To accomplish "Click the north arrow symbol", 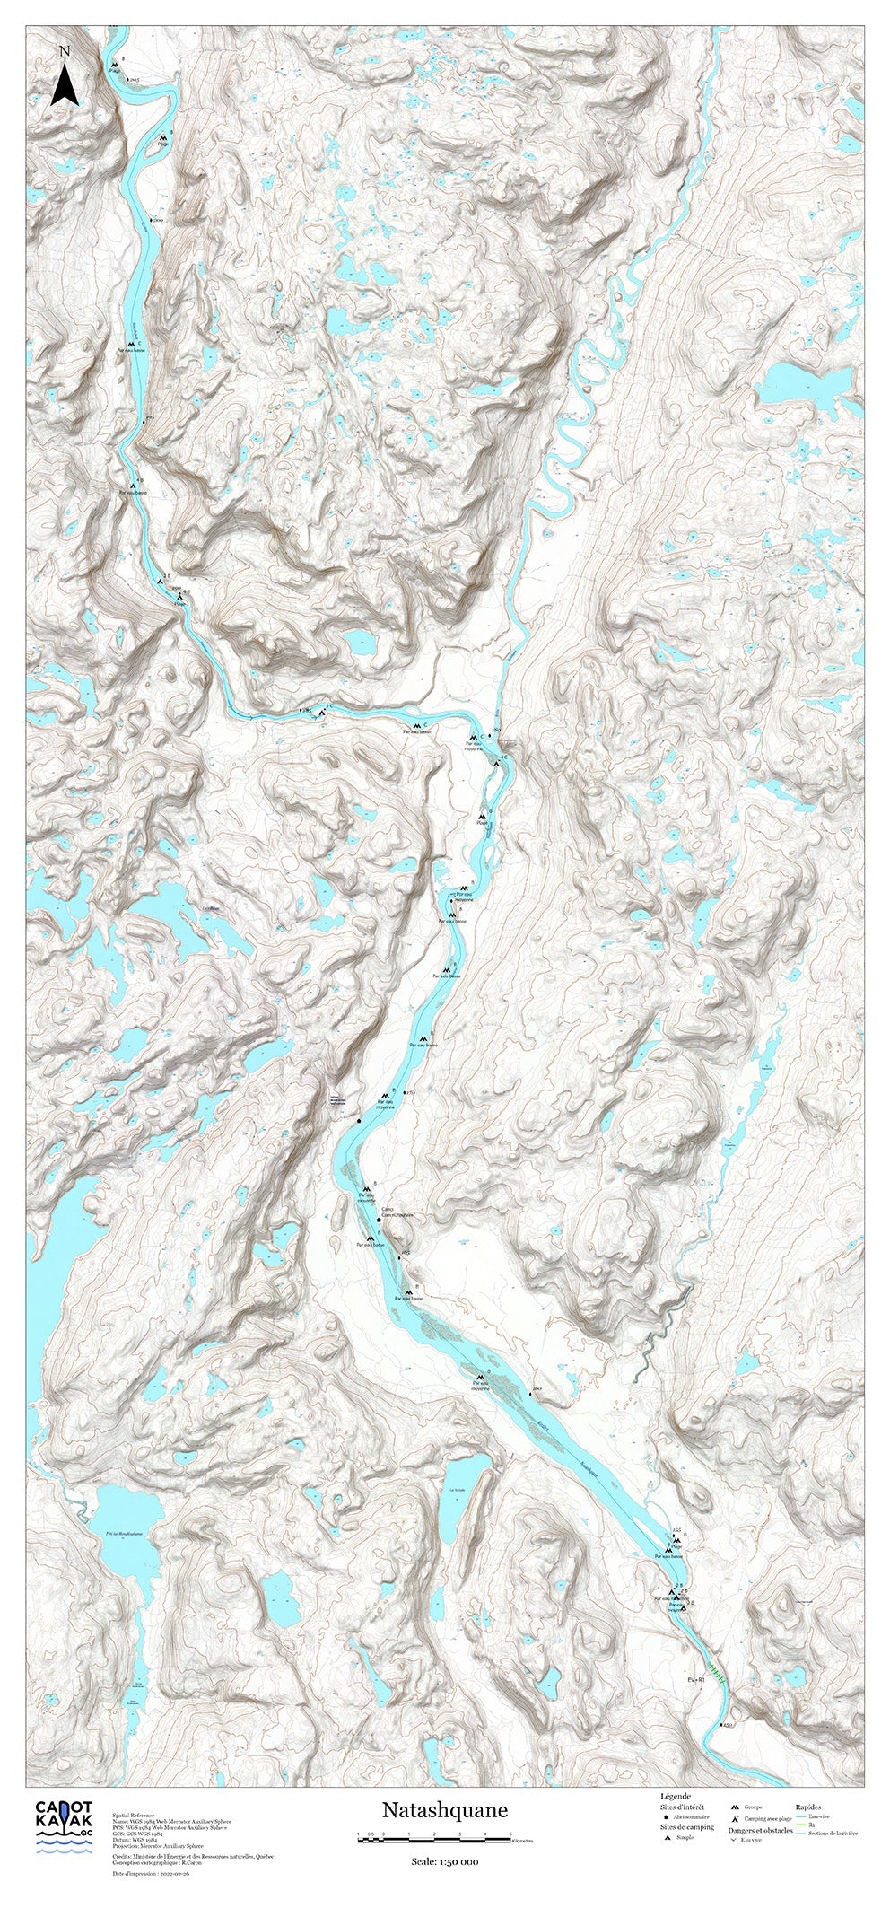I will click(63, 86).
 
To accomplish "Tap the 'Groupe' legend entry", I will click(753, 1824).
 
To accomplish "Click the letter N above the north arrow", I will click(63, 52).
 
